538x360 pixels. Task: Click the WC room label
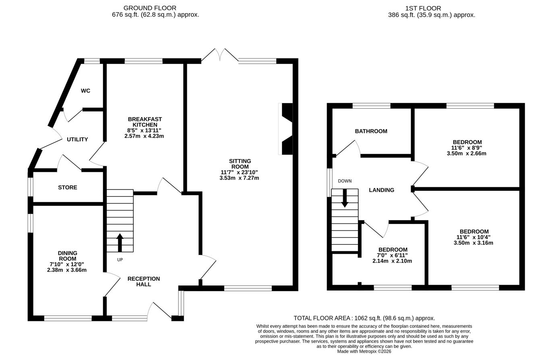(x=85, y=91)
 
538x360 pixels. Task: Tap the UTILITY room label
(x=77, y=140)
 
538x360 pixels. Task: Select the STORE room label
(x=68, y=188)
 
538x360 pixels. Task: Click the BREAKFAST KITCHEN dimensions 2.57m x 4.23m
(x=144, y=136)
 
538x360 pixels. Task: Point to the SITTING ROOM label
(x=240, y=164)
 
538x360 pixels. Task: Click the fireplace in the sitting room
(x=286, y=129)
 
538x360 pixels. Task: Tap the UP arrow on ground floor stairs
(x=120, y=242)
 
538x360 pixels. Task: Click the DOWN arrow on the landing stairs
(x=345, y=198)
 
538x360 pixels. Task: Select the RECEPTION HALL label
(x=144, y=281)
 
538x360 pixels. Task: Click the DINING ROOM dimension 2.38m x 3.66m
(x=67, y=270)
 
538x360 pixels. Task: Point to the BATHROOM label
(x=371, y=131)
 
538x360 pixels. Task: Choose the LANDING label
(x=381, y=190)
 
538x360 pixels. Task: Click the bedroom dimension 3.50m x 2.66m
(x=466, y=153)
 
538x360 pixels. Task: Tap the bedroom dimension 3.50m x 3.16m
(x=473, y=243)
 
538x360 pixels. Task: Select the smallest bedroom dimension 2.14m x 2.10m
(x=392, y=261)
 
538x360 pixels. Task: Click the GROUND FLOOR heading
(x=150, y=8)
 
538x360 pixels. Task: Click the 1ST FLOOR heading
(x=423, y=8)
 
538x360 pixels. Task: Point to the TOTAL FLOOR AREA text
(x=364, y=318)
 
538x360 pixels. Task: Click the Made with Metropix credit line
(x=364, y=352)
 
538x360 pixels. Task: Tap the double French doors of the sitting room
(x=220, y=56)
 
